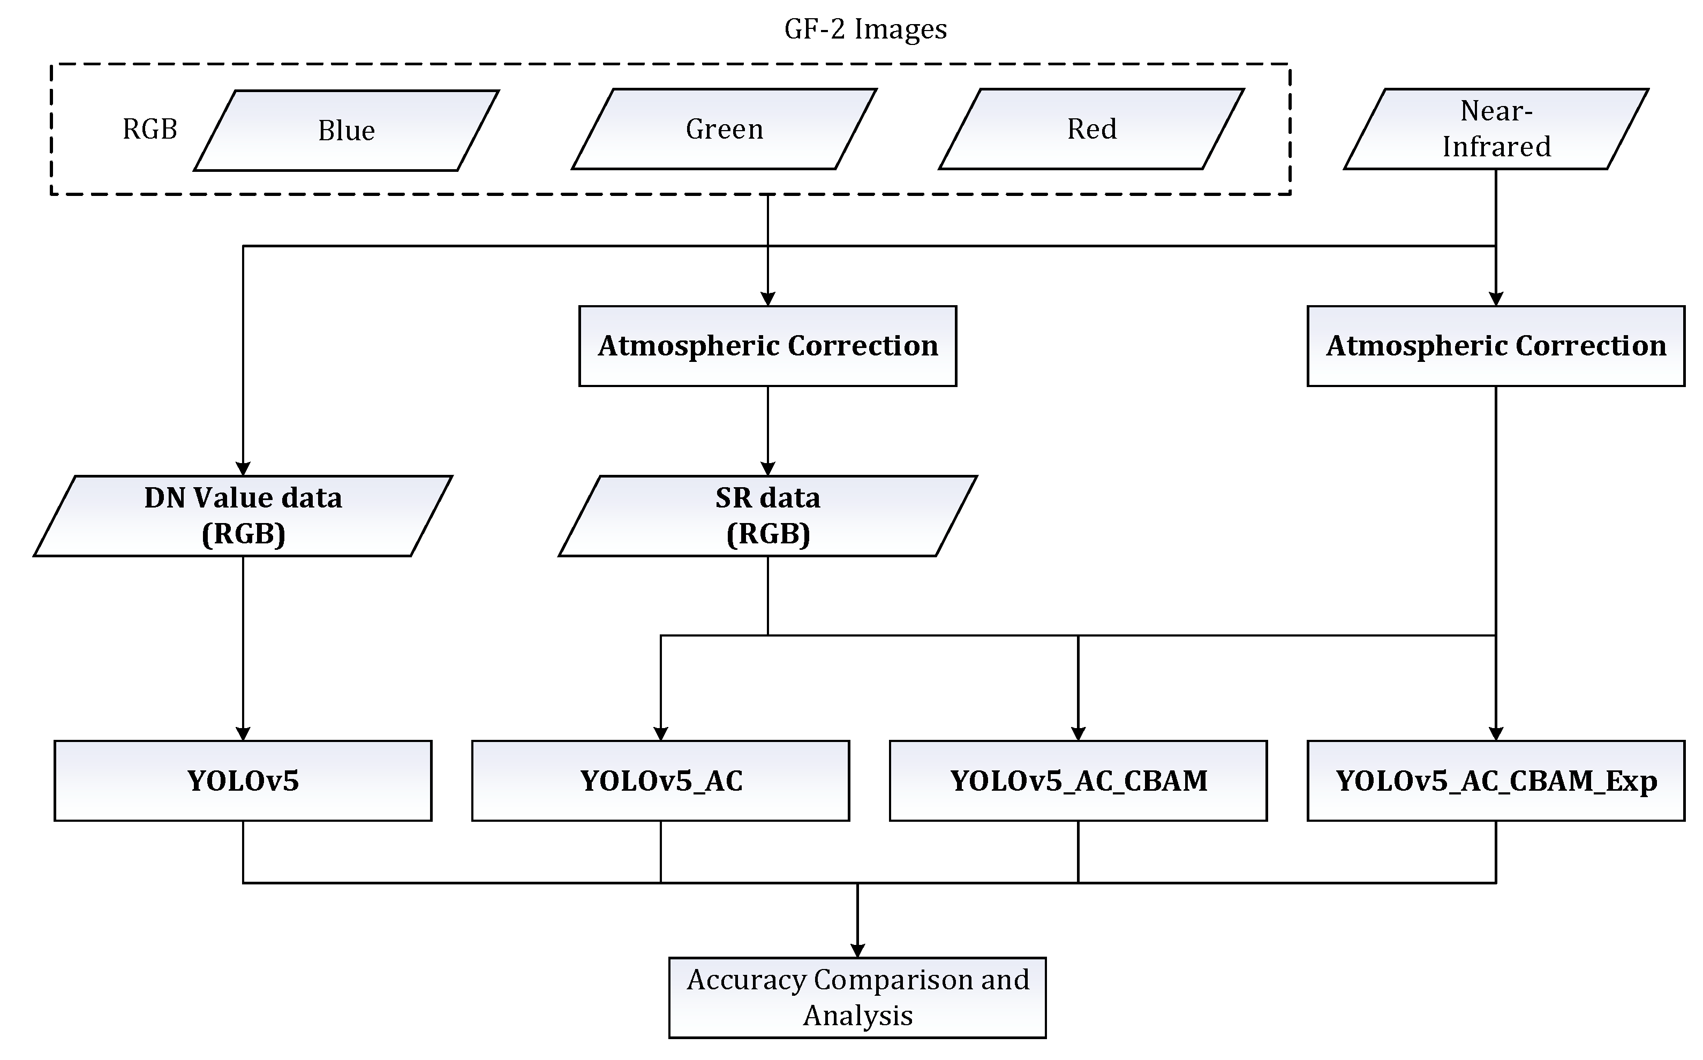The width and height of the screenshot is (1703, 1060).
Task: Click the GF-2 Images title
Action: click(x=865, y=29)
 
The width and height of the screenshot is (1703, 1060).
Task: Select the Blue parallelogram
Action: click(x=346, y=131)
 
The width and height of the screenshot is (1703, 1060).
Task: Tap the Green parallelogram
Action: click(x=724, y=129)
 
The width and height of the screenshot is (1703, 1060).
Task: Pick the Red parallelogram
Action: click(x=1091, y=129)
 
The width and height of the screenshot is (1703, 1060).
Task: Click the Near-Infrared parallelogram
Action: click(x=1496, y=129)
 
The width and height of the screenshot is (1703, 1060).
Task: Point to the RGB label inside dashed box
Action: click(x=150, y=129)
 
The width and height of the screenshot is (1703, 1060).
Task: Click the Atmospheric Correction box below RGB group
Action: click(x=768, y=346)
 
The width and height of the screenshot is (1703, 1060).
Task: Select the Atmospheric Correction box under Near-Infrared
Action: click(x=1496, y=346)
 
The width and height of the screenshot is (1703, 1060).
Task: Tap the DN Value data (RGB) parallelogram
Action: click(x=243, y=516)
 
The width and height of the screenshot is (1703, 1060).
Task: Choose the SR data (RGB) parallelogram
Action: click(x=768, y=516)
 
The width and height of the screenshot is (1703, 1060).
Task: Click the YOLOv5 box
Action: click(x=243, y=781)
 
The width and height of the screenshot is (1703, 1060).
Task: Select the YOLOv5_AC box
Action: click(x=660, y=781)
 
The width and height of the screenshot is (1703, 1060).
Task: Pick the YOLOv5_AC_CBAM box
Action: click(x=1079, y=781)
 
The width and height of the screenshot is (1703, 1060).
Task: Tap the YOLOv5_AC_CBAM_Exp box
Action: click(x=1496, y=781)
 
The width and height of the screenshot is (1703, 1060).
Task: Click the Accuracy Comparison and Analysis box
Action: click(x=857, y=997)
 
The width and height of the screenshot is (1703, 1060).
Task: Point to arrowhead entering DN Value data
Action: click(x=243, y=469)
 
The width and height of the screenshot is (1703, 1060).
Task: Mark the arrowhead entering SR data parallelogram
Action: click(x=768, y=469)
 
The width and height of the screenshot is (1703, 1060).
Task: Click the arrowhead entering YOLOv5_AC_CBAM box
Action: click(x=1079, y=733)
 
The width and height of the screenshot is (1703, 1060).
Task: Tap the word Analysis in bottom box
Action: click(x=857, y=1015)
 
